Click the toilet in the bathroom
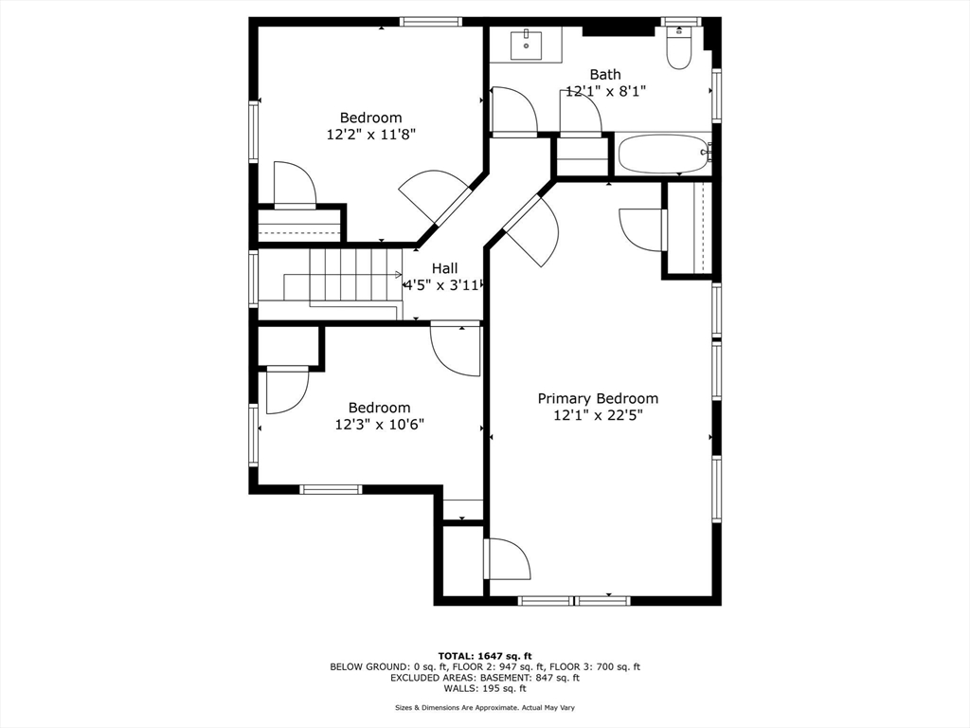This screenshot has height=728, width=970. pyautogui.click(x=678, y=47)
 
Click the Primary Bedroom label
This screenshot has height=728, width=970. pyautogui.click(x=598, y=399)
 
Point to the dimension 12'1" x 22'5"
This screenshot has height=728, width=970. pyautogui.click(x=598, y=415)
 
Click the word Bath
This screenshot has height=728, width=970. pyautogui.click(x=605, y=74)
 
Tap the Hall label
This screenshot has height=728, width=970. pyautogui.click(x=445, y=268)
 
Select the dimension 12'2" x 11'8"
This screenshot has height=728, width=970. pyautogui.click(x=370, y=135)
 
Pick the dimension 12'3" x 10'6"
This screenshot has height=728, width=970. pyautogui.click(x=379, y=424)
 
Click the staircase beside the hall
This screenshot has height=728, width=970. pyautogui.click(x=331, y=284)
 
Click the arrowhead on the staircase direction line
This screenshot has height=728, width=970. pyautogui.click(x=399, y=274)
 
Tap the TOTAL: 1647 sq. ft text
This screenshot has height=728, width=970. pyautogui.click(x=485, y=656)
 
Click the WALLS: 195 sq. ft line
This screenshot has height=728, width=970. pyautogui.click(x=485, y=688)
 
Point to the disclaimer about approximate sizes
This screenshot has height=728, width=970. pyautogui.click(x=485, y=707)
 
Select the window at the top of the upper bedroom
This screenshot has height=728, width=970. pyautogui.click(x=431, y=22)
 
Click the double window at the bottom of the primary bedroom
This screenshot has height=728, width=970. pyautogui.click(x=574, y=600)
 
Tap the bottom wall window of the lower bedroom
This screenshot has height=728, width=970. pyautogui.click(x=331, y=490)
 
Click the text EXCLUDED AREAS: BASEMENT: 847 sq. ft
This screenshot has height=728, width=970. pyautogui.click(x=485, y=678)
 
